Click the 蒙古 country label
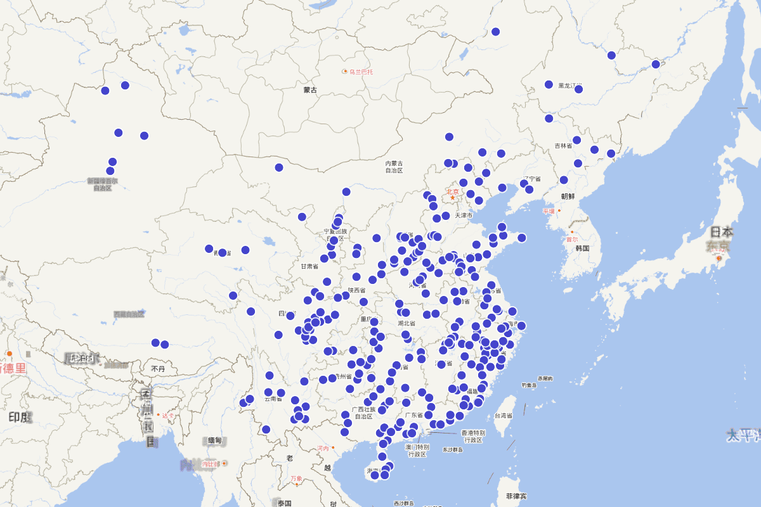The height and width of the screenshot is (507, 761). click(310, 90)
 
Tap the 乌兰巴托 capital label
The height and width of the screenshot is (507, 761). click(361, 72)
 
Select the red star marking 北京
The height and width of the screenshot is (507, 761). click(452, 198)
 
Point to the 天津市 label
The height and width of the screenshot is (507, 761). click(462, 215)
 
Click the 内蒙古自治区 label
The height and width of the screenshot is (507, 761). click(394, 167)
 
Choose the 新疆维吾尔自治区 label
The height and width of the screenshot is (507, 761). click(102, 184)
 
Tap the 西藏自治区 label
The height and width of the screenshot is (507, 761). click(129, 314)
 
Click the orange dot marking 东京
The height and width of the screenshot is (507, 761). click(719, 259)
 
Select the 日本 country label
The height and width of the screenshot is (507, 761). click(722, 232)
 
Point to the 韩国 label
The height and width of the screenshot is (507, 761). click(583, 248)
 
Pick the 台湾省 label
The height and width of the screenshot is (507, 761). click(503, 416)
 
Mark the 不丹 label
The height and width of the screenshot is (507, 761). click(158, 368)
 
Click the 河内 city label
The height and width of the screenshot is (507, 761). click(323, 448)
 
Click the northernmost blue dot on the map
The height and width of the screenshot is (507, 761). click(495, 32)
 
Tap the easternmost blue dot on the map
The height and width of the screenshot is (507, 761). click(656, 64)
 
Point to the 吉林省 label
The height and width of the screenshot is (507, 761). click(563, 146)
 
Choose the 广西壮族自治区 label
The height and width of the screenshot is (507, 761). click(363, 413)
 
